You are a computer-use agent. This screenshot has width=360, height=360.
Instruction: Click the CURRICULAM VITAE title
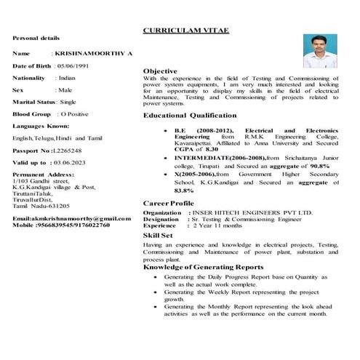click(186, 33)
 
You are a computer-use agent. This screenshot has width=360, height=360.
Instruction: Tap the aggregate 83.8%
click(184, 191)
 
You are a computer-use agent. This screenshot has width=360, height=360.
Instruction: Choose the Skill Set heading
click(158, 236)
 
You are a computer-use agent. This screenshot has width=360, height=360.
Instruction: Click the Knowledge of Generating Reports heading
click(203, 268)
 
